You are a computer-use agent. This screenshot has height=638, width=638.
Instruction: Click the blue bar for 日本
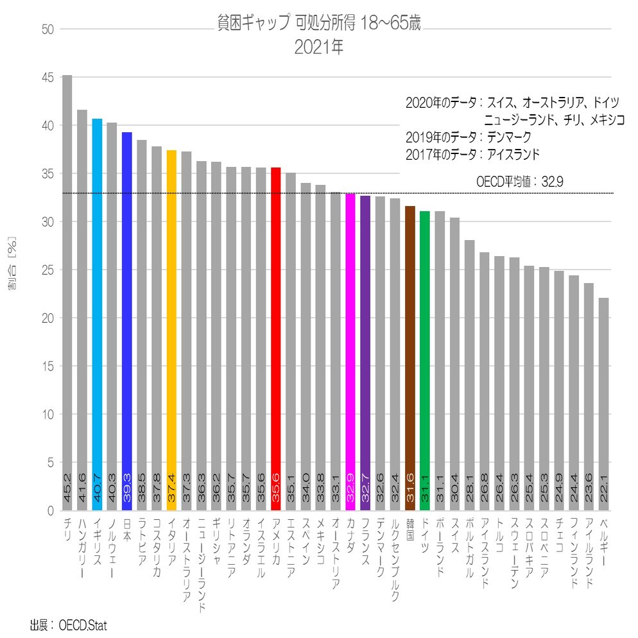pyautogui.click(x=126, y=321)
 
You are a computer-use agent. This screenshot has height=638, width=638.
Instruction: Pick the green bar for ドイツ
pyautogui.click(x=424, y=360)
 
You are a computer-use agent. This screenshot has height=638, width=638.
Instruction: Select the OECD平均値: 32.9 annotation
pyautogui.click(x=520, y=182)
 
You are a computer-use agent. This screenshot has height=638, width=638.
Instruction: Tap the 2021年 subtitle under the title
pyautogui.click(x=319, y=47)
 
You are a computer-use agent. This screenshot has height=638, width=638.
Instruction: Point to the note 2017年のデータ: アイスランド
pyautogui.click(x=472, y=155)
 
